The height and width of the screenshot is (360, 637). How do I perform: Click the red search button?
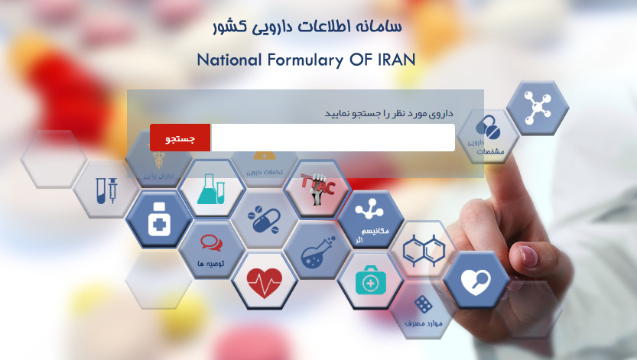point(180,138)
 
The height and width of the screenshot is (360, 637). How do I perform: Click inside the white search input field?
point(332,138)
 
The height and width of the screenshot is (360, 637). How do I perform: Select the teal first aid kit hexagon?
point(370,281)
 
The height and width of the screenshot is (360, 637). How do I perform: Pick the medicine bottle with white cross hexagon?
point(159,219)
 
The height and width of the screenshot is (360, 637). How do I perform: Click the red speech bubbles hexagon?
point(211,249)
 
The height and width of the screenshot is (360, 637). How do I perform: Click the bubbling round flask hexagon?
point(317,250)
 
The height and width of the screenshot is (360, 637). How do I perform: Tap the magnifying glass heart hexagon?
point(476,280)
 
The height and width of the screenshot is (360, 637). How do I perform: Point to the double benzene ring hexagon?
point(423,249)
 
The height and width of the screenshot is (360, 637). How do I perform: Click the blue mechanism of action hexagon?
point(371,220)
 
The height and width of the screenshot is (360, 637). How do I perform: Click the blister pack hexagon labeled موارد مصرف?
point(423,310)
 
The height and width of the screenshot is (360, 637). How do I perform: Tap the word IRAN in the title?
point(397,60)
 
